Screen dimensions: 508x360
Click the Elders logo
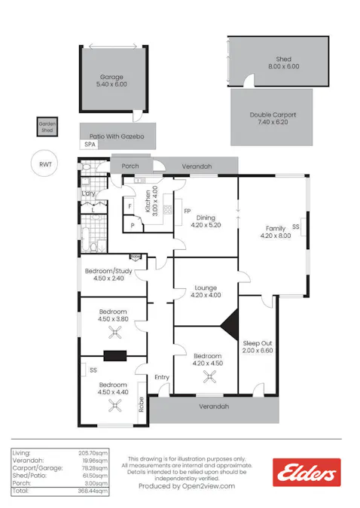tap(307, 473)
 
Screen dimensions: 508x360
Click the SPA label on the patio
tap(90, 144)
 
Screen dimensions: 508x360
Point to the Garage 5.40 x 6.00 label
tap(111, 81)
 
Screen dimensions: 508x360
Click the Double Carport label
tap(273, 118)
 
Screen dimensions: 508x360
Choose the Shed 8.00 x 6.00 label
tap(282, 62)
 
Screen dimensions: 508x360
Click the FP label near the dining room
tap(186, 211)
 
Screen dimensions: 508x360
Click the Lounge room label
tap(205, 291)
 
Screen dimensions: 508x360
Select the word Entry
tap(162, 377)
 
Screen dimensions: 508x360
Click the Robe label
tap(141, 405)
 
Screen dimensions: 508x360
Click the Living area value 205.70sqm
tap(93, 453)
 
